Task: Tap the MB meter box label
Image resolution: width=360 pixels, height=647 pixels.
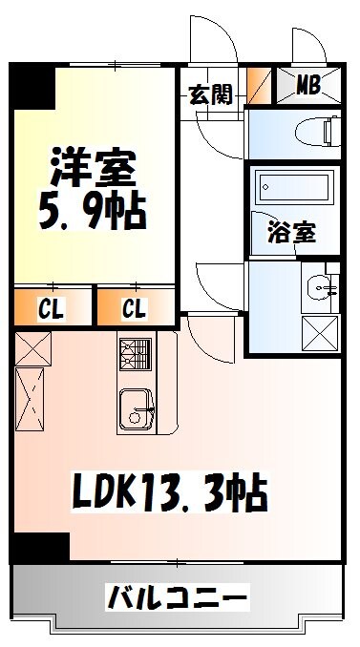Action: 307,85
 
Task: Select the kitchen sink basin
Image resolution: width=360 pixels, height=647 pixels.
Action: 134,409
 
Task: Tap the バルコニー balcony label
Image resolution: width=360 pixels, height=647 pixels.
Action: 178,598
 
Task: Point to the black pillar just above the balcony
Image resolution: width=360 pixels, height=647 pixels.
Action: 43,548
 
